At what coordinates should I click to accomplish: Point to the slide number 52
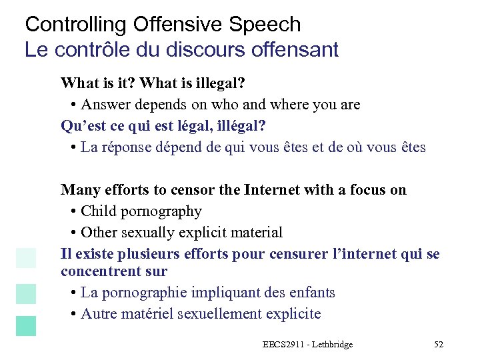click(438, 344)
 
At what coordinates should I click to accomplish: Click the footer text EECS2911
click(284, 344)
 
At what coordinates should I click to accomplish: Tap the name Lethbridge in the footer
click(331, 344)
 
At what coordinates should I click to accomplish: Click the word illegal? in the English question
click(221, 84)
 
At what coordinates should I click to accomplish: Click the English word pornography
click(161, 212)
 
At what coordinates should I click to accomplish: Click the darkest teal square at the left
click(26, 326)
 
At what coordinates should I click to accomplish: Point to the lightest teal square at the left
click(26, 258)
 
